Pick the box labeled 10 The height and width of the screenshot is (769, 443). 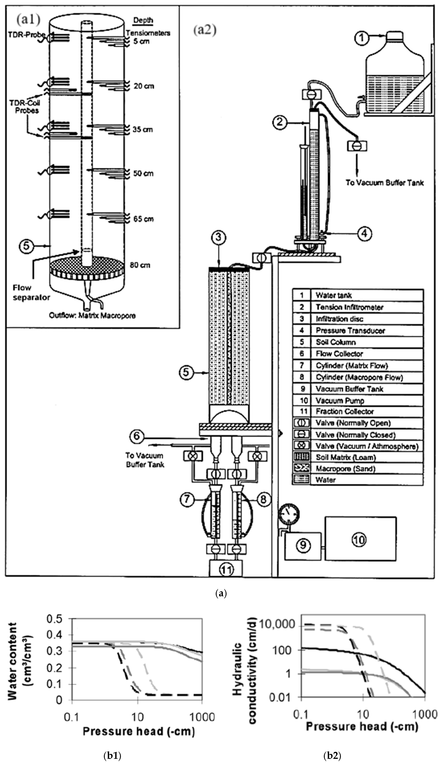(360, 540)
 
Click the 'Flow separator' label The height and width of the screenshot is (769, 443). (31, 293)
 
